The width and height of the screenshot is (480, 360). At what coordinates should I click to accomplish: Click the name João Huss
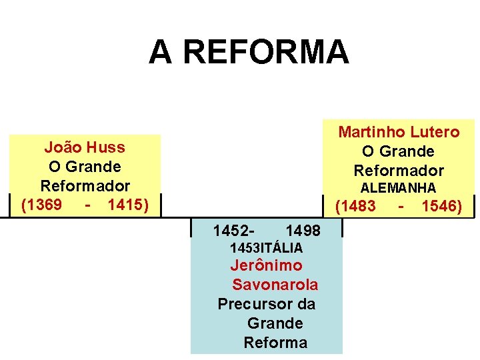85,147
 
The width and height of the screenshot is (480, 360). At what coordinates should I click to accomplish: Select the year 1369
42,205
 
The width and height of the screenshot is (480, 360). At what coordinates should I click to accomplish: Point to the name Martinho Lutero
399,132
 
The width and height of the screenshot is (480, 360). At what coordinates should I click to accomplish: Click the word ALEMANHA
399,189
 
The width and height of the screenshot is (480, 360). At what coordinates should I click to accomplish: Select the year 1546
442,207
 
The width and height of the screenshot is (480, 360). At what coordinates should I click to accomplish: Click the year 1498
303,231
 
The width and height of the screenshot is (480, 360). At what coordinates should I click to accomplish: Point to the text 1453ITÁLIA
266,248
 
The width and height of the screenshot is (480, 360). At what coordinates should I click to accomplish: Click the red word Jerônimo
266,265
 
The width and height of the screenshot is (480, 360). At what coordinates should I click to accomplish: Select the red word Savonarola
275,285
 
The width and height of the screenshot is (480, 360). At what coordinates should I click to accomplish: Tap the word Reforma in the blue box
275,343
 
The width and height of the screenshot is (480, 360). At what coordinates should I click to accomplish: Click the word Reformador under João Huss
85,185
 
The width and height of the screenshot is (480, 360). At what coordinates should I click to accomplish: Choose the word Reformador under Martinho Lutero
399,170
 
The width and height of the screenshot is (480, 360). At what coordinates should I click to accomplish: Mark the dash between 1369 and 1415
88,205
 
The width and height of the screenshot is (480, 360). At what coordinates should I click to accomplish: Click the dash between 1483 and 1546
401,207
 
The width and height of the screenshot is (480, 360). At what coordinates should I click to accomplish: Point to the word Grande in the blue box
275,323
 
